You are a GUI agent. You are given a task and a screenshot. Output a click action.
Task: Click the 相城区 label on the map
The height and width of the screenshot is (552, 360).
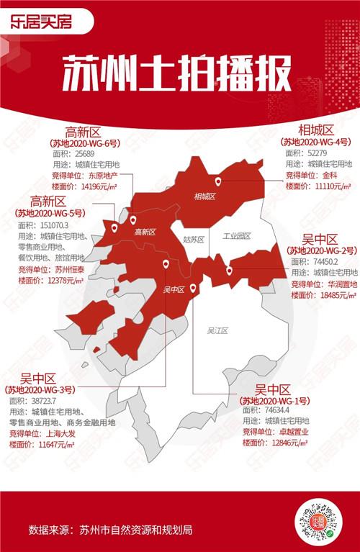point(204,196)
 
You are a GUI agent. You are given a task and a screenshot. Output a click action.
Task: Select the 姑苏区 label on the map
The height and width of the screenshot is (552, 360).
point(194,238)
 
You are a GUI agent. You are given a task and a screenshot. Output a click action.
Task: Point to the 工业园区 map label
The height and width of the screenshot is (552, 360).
point(236,236)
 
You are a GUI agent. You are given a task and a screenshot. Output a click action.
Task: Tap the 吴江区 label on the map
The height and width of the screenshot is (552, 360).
point(217,331)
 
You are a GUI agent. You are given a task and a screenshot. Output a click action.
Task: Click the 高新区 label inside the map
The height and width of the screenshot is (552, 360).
point(145,232)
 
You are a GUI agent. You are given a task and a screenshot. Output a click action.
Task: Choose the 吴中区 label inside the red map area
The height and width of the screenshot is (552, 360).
point(174,289)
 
